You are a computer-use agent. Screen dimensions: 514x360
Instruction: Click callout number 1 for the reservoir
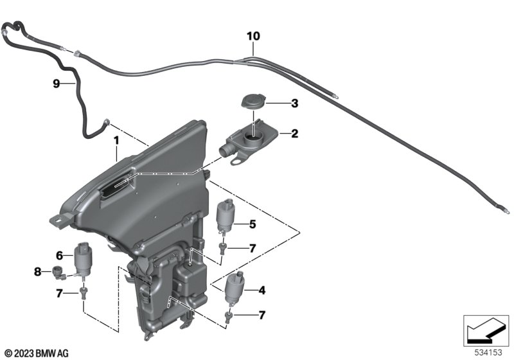(x=116, y=139)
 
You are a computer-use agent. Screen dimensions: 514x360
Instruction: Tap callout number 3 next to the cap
(x=294, y=103)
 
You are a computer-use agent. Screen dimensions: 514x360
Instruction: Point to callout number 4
(x=261, y=291)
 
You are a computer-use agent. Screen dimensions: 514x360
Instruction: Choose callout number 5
(x=253, y=224)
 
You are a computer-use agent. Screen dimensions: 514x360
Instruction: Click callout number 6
(x=60, y=255)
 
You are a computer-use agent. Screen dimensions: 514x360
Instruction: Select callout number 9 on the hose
(x=56, y=84)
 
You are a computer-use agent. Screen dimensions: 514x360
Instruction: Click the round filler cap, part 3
(x=251, y=102)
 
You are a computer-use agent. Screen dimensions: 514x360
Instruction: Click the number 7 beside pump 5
(x=253, y=248)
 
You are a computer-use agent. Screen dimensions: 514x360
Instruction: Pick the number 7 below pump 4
(x=261, y=315)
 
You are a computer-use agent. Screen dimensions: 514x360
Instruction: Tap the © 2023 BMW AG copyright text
(x=36, y=353)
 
